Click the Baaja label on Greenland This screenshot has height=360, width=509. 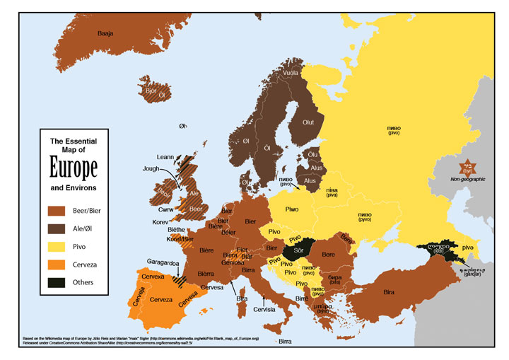tap(105, 33)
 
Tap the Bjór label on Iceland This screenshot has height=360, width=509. tap(150, 91)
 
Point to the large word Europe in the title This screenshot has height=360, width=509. tap(73, 168)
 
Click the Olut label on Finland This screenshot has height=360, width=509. tap(308, 122)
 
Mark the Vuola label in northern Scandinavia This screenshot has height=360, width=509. tap(291, 72)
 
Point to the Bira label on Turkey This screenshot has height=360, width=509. tap(389, 291)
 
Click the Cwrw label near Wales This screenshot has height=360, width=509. tap(166, 209)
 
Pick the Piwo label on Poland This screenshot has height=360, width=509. tap(292, 209)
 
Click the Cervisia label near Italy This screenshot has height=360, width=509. tap(263, 308)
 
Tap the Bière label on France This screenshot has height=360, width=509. tap(207, 250)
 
